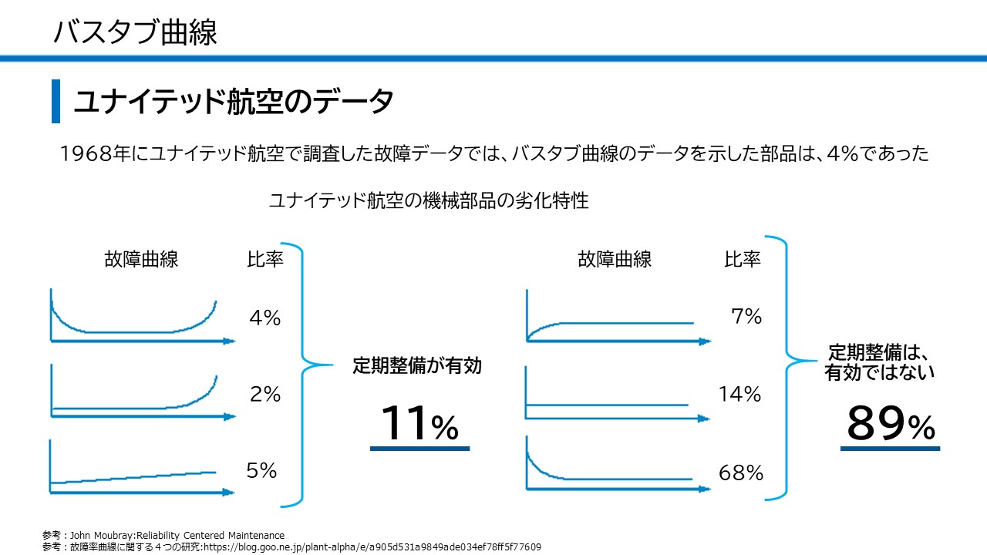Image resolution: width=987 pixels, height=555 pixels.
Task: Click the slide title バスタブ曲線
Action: (136, 32)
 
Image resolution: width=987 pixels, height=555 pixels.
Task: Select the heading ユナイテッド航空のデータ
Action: (234, 102)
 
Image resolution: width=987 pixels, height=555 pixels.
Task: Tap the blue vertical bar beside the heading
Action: (56, 101)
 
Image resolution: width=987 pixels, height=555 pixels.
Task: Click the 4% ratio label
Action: (264, 318)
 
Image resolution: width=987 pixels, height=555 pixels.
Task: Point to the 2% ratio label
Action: (264, 395)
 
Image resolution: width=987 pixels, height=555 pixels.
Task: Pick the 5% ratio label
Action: (261, 471)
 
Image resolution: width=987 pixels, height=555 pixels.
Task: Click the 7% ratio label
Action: (746, 316)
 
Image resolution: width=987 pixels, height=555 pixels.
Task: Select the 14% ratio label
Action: (739, 395)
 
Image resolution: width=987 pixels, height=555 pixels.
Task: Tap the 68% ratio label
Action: (740, 473)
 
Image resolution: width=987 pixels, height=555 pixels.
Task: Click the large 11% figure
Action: (419, 425)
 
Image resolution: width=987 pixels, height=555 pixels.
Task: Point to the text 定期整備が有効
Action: (417, 365)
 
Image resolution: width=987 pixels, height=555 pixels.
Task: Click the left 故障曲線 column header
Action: (141, 259)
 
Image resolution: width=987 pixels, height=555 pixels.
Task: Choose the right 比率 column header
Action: (742, 259)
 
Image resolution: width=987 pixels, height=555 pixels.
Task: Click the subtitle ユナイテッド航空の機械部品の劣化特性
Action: (428, 201)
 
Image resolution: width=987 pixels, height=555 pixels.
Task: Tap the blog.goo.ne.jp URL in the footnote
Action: (371, 547)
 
